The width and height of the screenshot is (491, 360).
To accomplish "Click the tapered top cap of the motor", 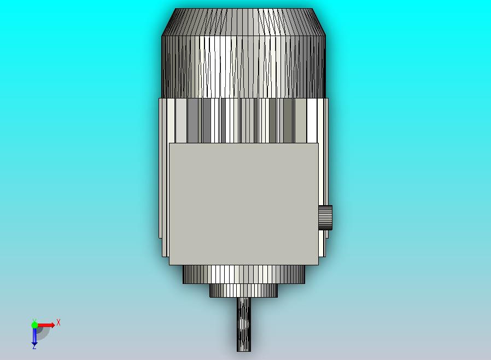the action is pos(243,22).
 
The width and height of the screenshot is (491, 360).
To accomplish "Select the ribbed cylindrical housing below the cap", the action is pos(243,67).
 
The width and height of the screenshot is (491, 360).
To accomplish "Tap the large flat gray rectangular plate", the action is pos(244,204).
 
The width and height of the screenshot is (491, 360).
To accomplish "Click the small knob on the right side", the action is pos(325,217).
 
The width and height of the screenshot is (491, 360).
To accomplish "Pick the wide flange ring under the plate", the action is pos(244,275).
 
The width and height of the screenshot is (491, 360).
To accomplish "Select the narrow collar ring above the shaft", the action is pos(243,291).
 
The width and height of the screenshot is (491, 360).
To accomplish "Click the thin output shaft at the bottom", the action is pos(244,324).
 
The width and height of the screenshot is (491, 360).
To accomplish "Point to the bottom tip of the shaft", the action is pos(244,351).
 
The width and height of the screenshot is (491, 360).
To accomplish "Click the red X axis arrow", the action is pos(46,325).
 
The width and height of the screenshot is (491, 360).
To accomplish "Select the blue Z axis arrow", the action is pos(34,336).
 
